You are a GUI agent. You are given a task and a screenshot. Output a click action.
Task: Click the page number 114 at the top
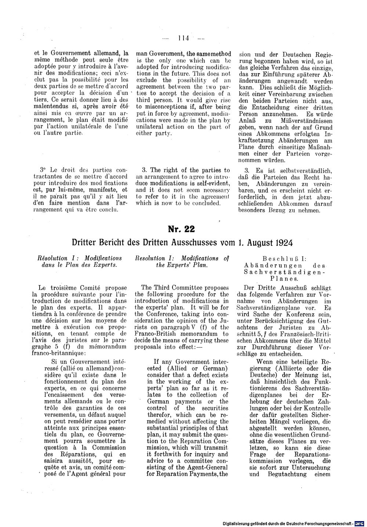click(183, 37)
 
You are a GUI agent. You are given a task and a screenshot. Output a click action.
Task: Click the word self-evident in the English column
click(213, 183)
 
